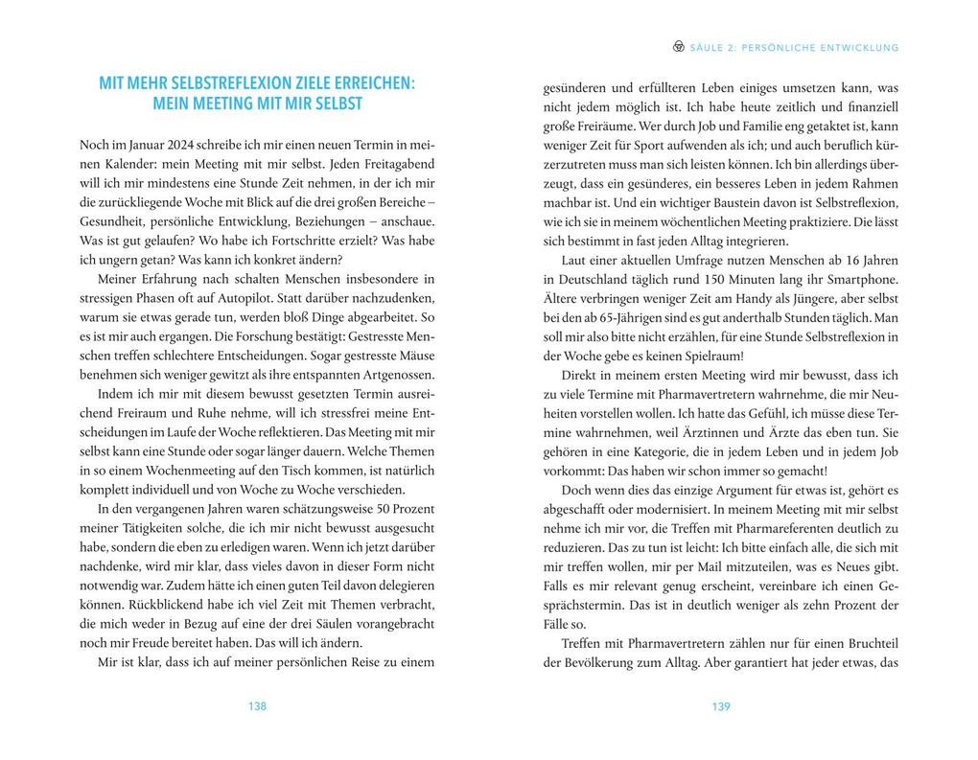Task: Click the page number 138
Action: click(257, 706)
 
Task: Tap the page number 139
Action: click(721, 706)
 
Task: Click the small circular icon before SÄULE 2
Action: click(679, 46)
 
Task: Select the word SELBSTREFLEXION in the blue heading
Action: click(245, 83)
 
